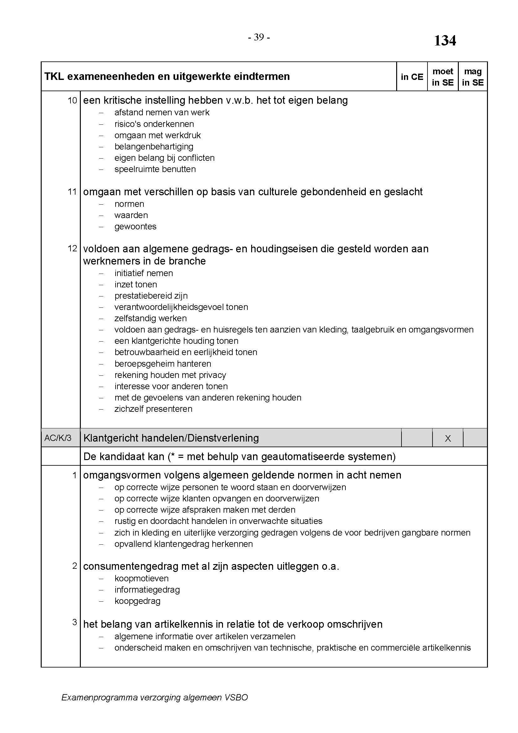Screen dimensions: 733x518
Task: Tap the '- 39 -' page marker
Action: tap(259, 38)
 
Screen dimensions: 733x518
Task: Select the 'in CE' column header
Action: tap(412, 77)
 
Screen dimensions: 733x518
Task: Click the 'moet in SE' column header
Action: tap(443, 77)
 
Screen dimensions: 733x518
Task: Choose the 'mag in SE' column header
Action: tap(472, 77)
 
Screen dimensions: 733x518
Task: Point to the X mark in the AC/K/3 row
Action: tap(448, 438)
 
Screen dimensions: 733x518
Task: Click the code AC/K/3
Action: tap(58, 438)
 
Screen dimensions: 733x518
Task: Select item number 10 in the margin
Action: tap(72, 101)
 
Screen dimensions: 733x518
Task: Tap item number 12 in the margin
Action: tap(72, 249)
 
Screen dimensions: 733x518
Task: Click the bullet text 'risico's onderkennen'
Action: tap(154, 124)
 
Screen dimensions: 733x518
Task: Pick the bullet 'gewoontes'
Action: tap(135, 227)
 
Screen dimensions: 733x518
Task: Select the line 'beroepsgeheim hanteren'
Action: tap(163, 364)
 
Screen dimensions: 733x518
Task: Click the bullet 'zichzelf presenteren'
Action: tap(153, 409)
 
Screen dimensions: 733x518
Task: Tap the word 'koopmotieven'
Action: tap(141, 579)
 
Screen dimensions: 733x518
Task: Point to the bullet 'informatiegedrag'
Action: tap(147, 590)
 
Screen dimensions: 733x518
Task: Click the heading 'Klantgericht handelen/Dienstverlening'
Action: tap(171, 438)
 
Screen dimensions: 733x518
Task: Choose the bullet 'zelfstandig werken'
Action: tap(151, 318)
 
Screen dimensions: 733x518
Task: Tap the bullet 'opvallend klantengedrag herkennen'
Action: tap(184, 544)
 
